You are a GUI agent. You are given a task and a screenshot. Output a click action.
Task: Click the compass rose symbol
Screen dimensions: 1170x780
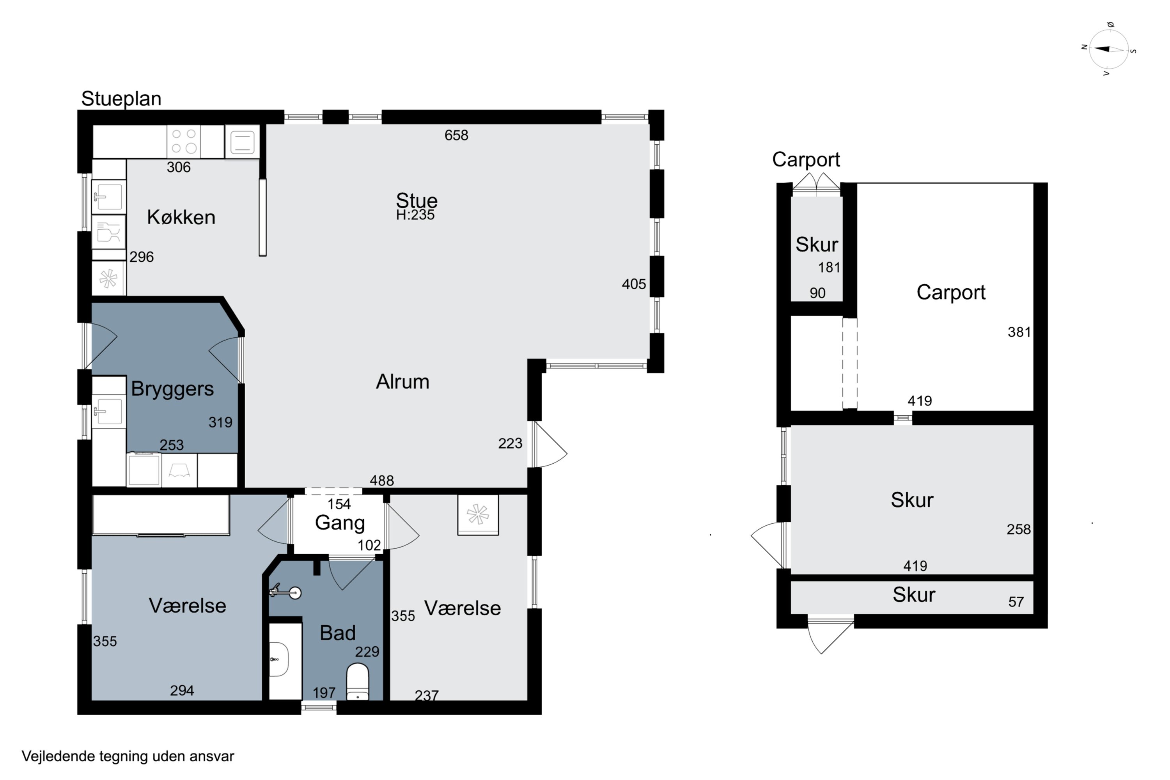coord(1108,49)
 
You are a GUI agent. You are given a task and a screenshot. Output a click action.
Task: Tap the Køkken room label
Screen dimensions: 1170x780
coord(181,217)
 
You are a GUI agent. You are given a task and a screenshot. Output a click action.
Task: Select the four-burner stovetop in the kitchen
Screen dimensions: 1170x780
coord(184,141)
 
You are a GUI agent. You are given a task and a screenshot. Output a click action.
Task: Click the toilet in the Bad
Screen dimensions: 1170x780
coord(357,681)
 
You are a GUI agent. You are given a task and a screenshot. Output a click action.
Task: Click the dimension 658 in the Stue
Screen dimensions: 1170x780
coord(456,135)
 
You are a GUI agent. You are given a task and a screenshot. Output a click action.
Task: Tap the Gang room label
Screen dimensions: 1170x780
coord(340,523)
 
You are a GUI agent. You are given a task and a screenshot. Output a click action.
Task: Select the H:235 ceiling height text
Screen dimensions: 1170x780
coord(415,215)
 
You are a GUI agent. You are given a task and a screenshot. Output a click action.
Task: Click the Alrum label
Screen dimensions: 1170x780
coord(402,381)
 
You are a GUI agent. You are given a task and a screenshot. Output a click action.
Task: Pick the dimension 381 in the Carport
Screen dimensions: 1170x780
coord(1019,332)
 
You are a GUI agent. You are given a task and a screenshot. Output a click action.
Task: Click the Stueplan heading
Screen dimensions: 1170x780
coord(121,99)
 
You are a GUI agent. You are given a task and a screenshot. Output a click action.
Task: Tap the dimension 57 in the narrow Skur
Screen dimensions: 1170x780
coord(1016,602)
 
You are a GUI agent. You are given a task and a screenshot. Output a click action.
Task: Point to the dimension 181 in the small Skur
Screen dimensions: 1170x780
coord(829,268)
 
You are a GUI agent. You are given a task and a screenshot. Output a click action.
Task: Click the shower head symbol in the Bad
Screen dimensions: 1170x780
coord(285,592)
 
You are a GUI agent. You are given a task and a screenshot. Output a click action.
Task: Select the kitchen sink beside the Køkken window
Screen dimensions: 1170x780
coord(109,197)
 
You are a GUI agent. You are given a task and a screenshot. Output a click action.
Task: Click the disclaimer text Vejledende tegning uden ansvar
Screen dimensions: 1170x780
coord(128,757)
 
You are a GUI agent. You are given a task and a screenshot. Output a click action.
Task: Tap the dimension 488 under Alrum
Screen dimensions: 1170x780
coord(381,480)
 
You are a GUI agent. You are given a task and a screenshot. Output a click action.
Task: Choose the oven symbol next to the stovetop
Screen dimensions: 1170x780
coord(242,142)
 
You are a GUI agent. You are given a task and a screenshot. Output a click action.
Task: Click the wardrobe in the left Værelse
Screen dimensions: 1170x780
coord(161,515)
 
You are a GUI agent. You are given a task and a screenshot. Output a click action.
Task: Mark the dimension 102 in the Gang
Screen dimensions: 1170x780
coord(369,545)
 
